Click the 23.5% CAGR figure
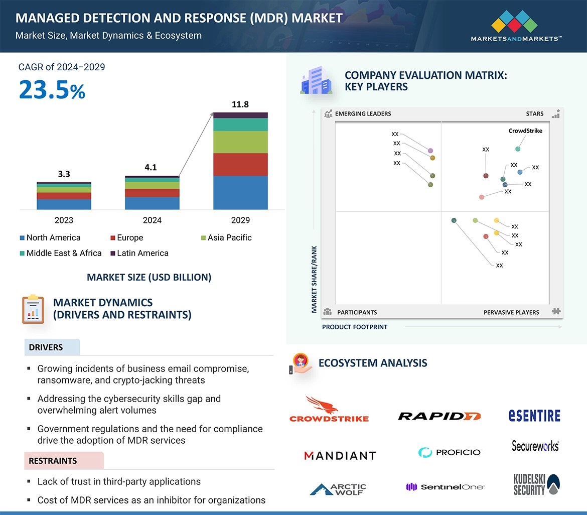tap(52, 90)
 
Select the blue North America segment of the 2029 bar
tap(240, 192)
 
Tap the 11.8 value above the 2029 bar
tap(240, 104)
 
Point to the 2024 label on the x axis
tap(152, 220)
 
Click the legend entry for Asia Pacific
tap(229, 237)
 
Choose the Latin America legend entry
tap(142, 253)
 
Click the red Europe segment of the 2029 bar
tap(240, 164)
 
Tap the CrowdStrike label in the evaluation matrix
tap(525, 131)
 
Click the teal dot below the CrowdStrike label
tap(518, 149)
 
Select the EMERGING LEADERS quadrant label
tap(363, 114)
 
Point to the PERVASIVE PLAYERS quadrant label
tap(511, 312)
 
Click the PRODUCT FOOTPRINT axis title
tap(355, 327)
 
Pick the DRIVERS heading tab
tap(46, 347)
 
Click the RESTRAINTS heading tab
tap(53, 461)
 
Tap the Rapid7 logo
tap(439, 416)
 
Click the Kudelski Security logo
tap(536, 484)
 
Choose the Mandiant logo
tap(340, 455)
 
